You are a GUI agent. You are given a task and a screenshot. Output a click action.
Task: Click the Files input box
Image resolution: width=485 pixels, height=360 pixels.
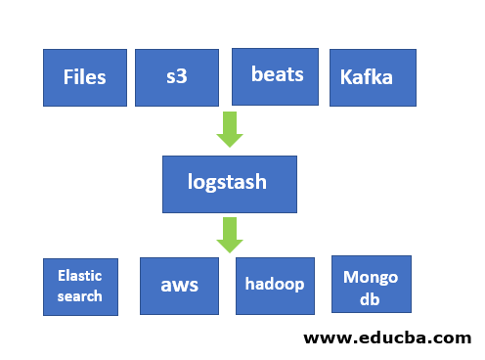[84, 77]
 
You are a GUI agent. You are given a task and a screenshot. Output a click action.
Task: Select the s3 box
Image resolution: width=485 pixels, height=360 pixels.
[176, 77]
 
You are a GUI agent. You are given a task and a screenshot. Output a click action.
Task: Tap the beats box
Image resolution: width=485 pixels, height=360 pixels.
[276, 75]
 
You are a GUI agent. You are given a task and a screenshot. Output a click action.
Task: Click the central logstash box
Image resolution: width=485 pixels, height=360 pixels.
[228, 183]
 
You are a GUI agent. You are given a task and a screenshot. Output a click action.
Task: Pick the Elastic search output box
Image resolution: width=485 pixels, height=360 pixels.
[80, 287]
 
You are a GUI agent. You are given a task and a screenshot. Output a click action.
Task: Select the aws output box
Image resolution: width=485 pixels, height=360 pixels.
[180, 286]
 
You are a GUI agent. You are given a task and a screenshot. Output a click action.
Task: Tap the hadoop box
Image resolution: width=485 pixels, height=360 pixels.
[276, 286]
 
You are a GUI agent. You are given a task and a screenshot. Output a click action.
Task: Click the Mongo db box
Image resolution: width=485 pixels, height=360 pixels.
[371, 285]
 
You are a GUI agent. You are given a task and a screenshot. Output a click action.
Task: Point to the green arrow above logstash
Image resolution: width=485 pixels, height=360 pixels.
[230, 129]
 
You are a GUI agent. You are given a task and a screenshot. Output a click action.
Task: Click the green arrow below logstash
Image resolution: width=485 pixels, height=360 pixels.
[230, 235]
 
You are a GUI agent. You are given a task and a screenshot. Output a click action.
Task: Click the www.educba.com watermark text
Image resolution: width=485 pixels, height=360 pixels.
[387, 338]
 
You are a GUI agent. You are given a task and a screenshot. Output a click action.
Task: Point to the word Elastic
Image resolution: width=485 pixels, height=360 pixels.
[80, 277]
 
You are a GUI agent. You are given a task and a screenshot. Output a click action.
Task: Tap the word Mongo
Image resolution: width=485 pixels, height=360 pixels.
[371, 277]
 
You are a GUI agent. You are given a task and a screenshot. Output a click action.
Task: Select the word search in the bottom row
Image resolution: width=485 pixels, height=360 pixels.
[80, 296]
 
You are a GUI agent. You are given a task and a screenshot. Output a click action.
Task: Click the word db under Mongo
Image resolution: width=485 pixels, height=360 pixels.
[370, 298]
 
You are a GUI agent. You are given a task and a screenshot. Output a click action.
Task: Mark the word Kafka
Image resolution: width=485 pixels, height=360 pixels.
[367, 76]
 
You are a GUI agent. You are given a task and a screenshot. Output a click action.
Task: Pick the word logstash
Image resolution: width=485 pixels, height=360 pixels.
[227, 181]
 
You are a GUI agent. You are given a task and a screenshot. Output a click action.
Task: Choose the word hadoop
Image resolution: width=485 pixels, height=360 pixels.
[275, 285]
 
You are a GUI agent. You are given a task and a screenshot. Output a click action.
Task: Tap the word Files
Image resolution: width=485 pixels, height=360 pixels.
[84, 76]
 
